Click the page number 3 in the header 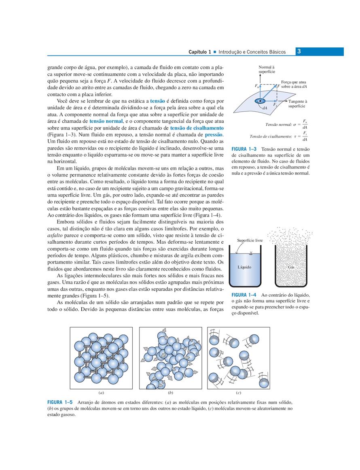coord(299,51)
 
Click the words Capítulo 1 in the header coord(200,52)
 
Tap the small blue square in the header coord(215,52)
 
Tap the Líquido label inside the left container coord(244,267)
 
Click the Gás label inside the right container coord(291,267)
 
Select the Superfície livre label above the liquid coord(250,240)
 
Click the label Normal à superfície coord(267,69)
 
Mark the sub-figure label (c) coord(239,393)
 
